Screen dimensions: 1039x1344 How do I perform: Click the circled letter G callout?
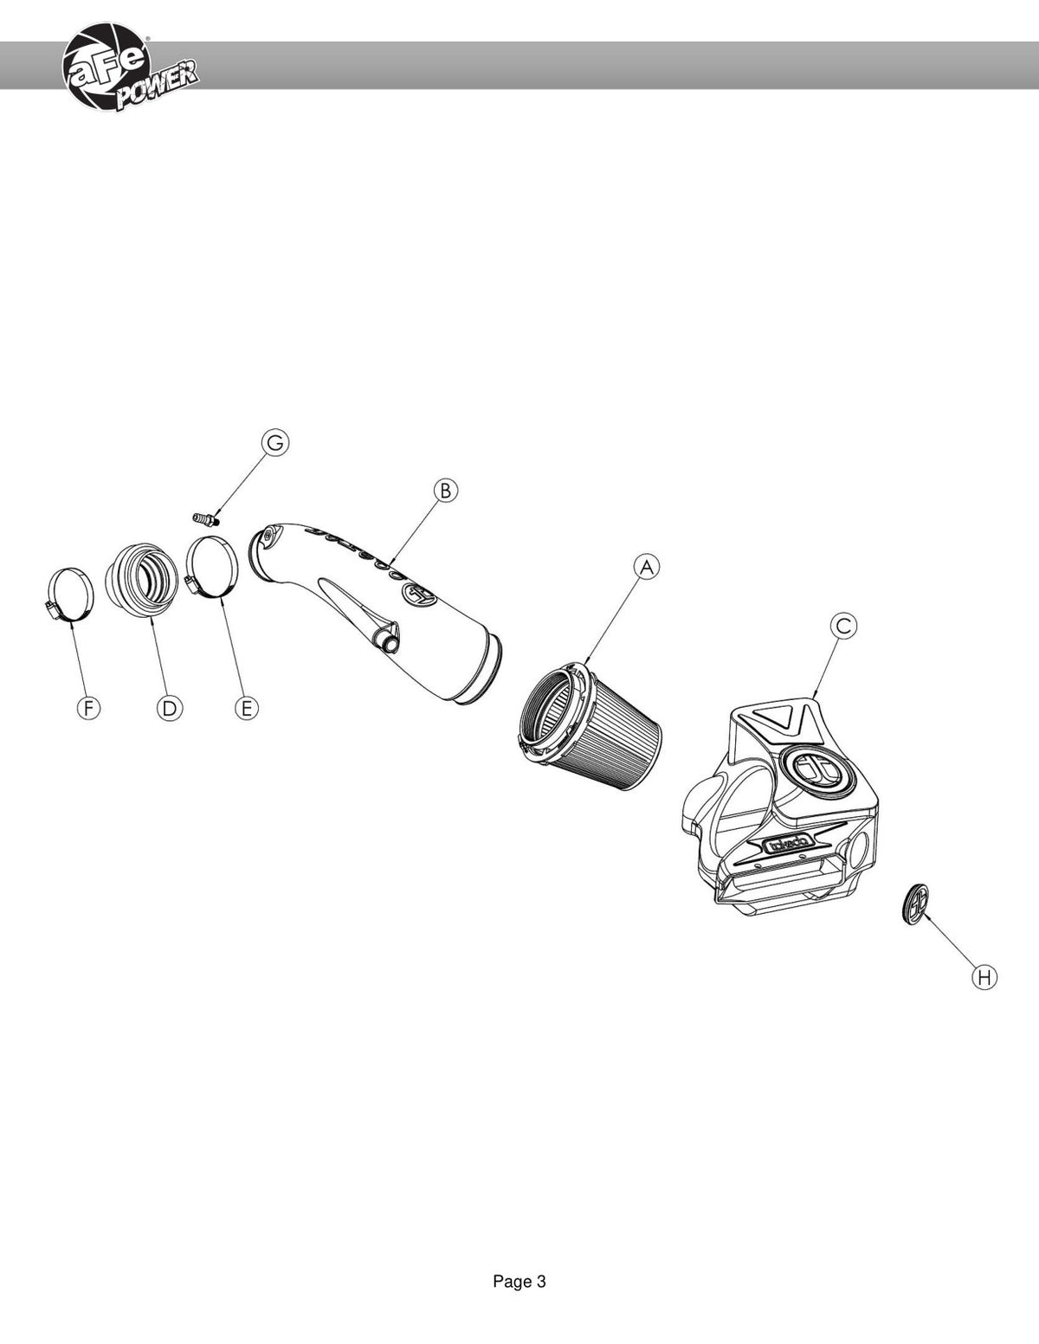click(x=275, y=444)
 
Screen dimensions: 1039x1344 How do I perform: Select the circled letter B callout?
click(x=446, y=491)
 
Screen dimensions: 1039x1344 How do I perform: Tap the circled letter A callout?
click(x=647, y=567)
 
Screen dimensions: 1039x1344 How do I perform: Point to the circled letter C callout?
click(x=843, y=626)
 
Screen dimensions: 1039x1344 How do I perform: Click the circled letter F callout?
click(x=88, y=708)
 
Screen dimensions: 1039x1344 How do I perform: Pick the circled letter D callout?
click(x=169, y=708)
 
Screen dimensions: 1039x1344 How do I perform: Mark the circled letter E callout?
click(x=246, y=708)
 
